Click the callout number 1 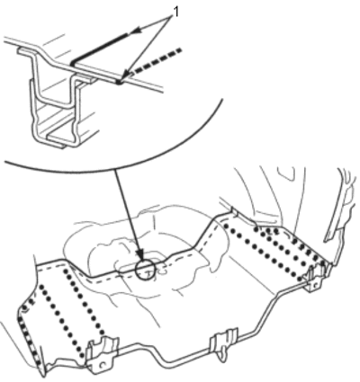176,13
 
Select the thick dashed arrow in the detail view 157,61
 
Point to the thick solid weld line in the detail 100,49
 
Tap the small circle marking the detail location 146,269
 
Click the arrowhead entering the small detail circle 141,257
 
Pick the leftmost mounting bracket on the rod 101,354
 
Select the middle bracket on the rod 223,342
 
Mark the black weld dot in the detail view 120,82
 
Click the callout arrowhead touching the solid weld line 137,31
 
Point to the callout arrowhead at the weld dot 126,75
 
